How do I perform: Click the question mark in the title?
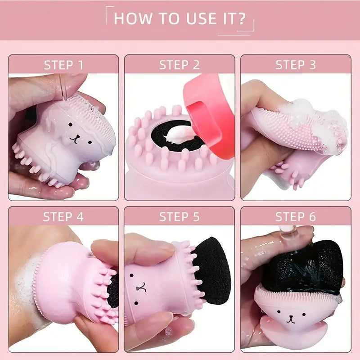pyautogui.click(x=241, y=18)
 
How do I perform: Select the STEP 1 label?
pyautogui.click(x=63, y=65)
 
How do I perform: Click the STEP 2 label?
pyautogui.click(x=180, y=65)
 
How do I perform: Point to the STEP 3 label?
pyautogui.click(x=296, y=65)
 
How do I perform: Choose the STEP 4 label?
pyautogui.click(x=63, y=217)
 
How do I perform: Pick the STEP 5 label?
pyautogui.click(x=180, y=217)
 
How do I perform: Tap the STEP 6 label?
pyautogui.click(x=296, y=217)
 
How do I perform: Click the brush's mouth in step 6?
pyautogui.click(x=291, y=319)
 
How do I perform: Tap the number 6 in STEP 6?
pyautogui.click(x=312, y=217)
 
